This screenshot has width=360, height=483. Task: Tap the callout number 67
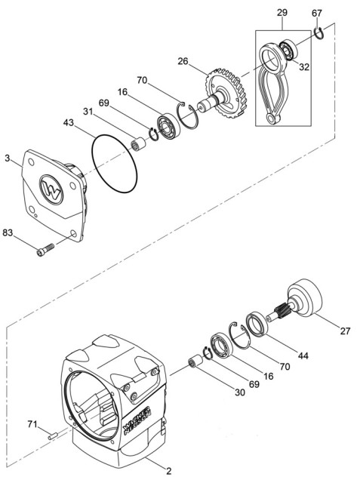[x=317, y=13]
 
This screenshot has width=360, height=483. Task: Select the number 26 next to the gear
[x=183, y=61]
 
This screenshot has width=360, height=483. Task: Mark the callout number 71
[x=32, y=424]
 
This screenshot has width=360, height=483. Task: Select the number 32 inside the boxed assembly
[x=304, y=66]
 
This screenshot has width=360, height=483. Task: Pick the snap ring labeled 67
[x=319, y=32]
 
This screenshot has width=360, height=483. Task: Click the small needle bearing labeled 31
[x=138, y=140]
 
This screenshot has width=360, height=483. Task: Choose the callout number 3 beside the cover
[x=8, y=159]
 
